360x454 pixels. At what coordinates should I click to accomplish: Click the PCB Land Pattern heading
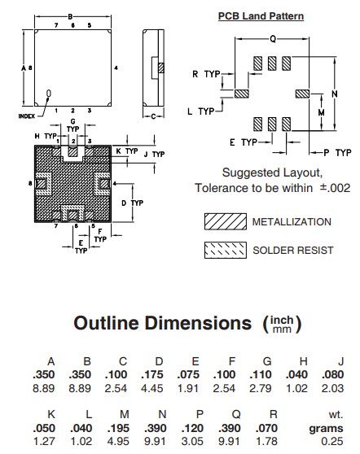(261, 16)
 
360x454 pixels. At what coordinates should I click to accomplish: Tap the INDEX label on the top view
(27, 116)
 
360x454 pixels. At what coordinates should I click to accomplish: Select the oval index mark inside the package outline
(49, 94)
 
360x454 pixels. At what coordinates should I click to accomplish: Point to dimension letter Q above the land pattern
(273, 39)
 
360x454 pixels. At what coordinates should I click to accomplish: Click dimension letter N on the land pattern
(335, 94)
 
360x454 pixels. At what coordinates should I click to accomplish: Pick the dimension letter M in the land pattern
(321, 112)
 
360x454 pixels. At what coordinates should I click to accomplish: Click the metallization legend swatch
(226, 221)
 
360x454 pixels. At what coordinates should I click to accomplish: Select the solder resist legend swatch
(226, 250)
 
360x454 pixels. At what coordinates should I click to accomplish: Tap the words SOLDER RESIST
(293, 250)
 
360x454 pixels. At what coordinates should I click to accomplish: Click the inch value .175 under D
(152, 374)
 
